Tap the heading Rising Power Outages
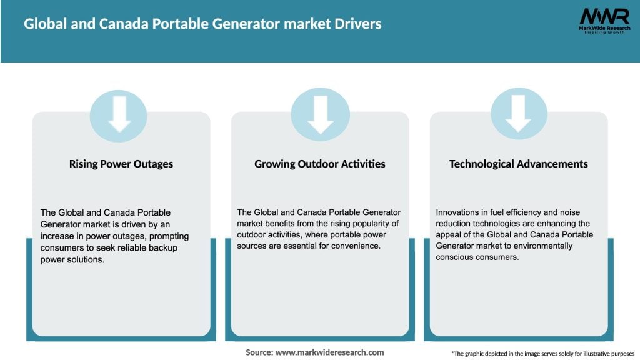pyautogui.click(x=121, y=164)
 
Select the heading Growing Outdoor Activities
pyautogui.click(x=320, y=164)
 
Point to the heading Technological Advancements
pyautogui.click(x=519, y=164)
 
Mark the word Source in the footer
pyautogui.click(x=259, y=352)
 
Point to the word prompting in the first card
pyautogui.click(x=168, y=237)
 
